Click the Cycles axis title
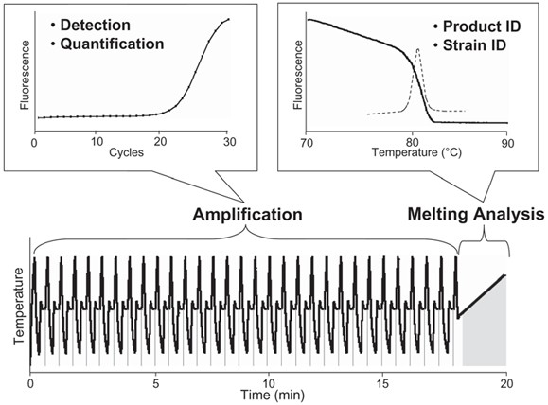tap(125, 154)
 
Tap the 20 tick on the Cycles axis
tap(160, 141)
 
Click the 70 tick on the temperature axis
tap(306, 141)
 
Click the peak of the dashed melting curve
tap(418, 48)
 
